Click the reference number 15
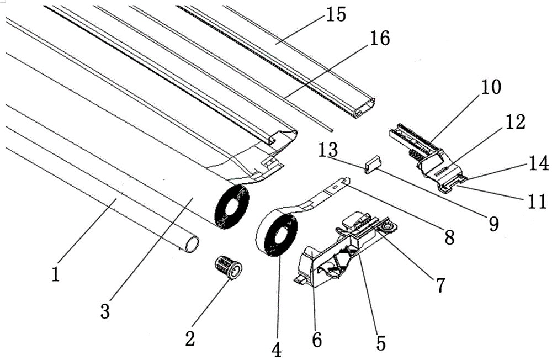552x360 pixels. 336,14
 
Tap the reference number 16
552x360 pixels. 379,38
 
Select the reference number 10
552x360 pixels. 491,87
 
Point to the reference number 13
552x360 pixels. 328,150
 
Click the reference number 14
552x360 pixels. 538,163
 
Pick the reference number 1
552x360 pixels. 55,274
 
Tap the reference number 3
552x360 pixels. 105,311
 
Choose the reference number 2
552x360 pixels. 190,338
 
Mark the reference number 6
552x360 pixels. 317,340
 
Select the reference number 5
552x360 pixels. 380,342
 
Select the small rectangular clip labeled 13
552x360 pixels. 372,165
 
